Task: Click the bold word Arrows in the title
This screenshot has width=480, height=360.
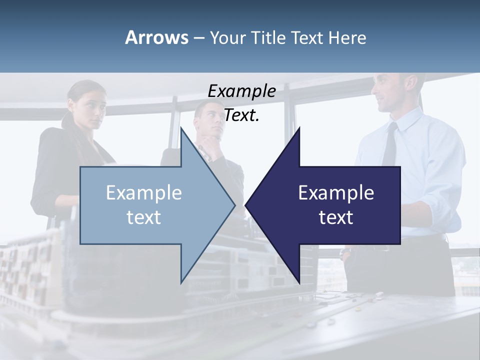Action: [x=156, y=37]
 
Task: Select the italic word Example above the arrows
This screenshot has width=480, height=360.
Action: [x=241, y=91]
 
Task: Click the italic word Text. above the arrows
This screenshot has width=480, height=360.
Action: [x=241, y=115]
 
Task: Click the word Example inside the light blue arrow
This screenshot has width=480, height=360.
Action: [x=144, y=193]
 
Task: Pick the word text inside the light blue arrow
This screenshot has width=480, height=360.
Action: [x=144, y=217]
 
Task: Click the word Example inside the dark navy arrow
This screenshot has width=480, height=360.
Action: [x=336, y=193]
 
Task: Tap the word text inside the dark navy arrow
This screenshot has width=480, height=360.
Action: [x=336, y=217]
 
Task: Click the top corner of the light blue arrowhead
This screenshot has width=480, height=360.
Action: [x=181, y=128]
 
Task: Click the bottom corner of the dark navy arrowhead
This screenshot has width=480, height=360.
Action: [x=299, y=282]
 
